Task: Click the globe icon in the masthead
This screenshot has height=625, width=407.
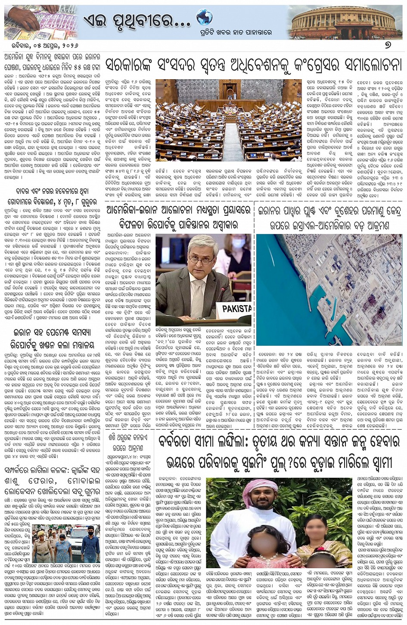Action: pyautogui.click(x=204, y=17)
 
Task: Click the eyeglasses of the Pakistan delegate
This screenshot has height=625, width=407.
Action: pyautogui.click(x=201, y=260)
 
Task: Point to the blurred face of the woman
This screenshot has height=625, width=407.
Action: pyautogui.click(x=317, y=528)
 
